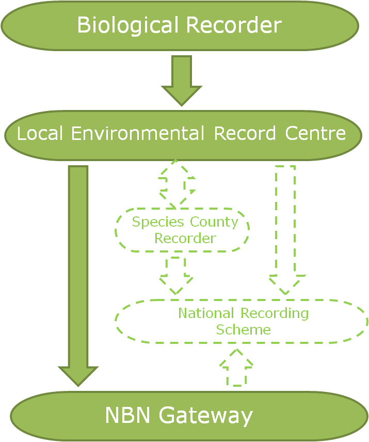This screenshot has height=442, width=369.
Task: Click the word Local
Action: (x=40, y=134)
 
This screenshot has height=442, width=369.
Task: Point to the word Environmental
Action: (x=137, y=134)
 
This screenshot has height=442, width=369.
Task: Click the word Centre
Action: (x=315, y=134)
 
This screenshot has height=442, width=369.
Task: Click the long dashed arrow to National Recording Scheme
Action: (x=285, y=227)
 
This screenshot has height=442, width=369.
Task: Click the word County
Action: (x=214, y=223)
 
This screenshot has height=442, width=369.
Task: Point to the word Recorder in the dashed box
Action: (x=185, y=239)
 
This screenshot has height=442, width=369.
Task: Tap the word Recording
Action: (x=276, y=313)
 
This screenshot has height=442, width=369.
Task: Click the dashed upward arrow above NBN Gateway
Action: (x=236, y=367)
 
